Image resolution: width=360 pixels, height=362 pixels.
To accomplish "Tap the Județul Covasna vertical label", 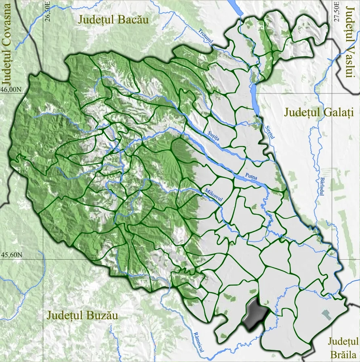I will [8, 46].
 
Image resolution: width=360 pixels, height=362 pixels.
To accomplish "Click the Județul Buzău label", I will [82, 315].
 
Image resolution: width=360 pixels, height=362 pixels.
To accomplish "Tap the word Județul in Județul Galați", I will [300, 112].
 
